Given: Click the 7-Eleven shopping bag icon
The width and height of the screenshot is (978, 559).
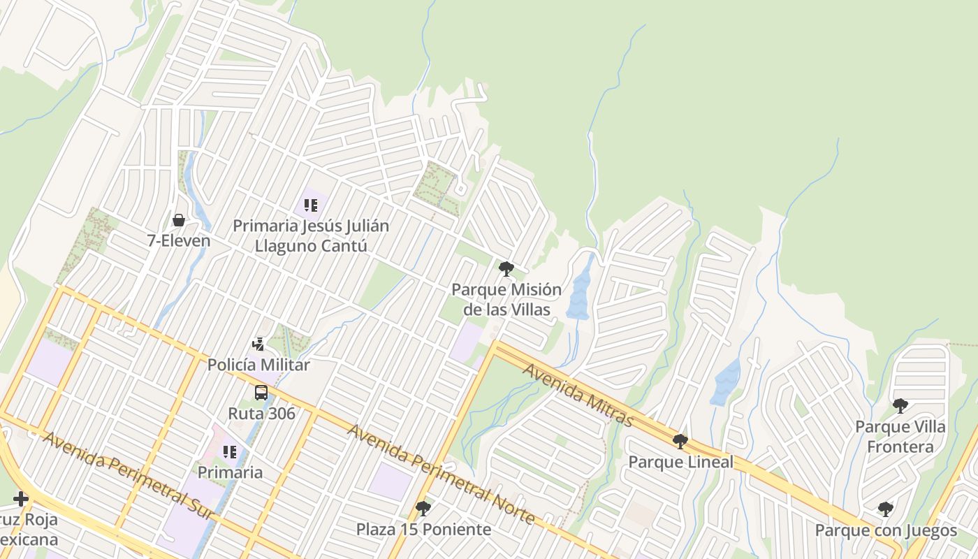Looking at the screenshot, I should [179, 220].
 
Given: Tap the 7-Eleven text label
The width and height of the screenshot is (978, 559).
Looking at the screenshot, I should [179, 241].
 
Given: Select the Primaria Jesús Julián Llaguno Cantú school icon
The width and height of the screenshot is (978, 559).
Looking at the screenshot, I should [311, 205].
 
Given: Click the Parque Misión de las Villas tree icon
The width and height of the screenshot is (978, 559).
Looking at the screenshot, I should [506, 269].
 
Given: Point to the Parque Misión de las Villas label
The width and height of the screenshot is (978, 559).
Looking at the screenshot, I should [506, 299].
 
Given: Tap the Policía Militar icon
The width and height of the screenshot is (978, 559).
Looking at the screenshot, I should [258, 344].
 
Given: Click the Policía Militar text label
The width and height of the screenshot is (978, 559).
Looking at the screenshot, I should [258, 364].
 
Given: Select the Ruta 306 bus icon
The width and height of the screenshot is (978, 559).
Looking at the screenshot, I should [261, 393].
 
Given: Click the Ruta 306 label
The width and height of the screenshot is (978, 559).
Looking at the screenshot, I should [261, 413].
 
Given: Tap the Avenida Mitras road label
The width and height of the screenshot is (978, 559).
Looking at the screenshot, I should [577, 395].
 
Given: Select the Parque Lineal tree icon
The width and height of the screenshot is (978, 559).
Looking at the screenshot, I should [680, 442].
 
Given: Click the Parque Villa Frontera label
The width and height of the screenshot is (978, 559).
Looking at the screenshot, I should [900, 436].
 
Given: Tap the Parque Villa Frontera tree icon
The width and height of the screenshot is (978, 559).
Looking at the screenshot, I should [900, 405].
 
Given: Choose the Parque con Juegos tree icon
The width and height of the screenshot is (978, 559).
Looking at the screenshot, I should [885, 509].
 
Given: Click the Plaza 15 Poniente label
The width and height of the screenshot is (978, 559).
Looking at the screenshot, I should [423, 529].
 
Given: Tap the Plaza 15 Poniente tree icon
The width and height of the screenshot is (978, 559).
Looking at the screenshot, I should [423, 508].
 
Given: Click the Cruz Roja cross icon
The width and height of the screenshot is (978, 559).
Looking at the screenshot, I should [20, 499].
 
